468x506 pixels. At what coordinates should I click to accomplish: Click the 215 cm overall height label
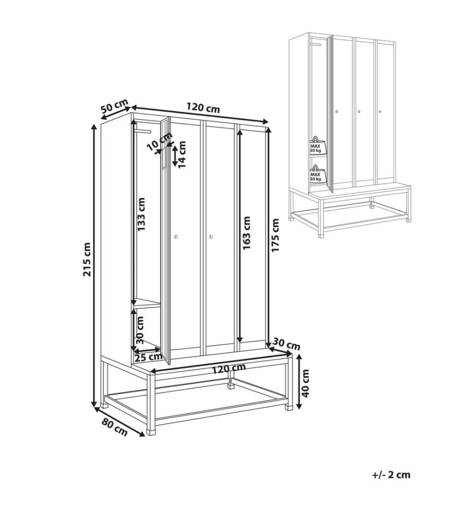tap(87, 259)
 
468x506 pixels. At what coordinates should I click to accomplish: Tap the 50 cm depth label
tap(114, 106)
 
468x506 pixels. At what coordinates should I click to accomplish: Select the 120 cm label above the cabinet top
tap(203, 107)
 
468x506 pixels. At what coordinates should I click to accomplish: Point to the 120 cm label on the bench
tap(229, 369)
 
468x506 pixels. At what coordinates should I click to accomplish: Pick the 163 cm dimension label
tap(246, 233)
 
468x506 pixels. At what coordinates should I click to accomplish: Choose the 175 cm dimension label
tap(275, 235)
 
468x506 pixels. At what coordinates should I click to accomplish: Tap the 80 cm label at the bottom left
tap(114, 427)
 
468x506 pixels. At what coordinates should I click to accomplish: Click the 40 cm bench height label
tap(305, 383)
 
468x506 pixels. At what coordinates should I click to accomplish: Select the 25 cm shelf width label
tap(148, 357)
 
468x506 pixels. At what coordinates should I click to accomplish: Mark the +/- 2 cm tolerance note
tap(391, 475)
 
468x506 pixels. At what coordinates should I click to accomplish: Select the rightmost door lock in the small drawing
tap(380, 112)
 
